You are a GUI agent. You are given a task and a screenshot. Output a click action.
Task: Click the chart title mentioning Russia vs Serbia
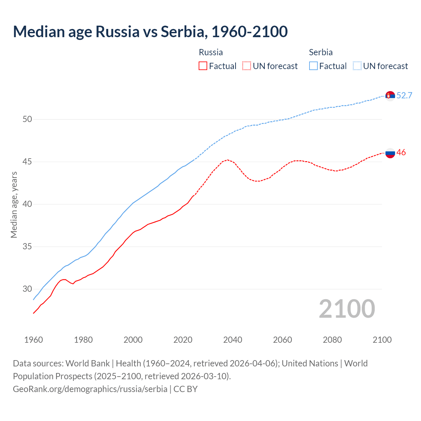pos(150,32)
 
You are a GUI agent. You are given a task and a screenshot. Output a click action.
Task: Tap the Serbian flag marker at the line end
pos(390,96)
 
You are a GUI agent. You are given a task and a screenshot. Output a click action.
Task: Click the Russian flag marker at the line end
pos(390,153)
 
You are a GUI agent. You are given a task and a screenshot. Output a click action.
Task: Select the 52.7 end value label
pos(404,96)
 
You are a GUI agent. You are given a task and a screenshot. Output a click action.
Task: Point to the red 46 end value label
pos(401,153)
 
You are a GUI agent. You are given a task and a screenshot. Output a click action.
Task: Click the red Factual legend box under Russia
pos(203,66)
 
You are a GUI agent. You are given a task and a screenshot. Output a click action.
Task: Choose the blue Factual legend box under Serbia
pos(313,66)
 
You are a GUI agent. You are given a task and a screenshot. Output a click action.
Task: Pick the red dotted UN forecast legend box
pos(247,66)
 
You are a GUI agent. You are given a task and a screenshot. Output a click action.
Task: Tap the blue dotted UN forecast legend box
pos(357,66)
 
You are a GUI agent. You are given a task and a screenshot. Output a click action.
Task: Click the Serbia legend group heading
pos(321,52)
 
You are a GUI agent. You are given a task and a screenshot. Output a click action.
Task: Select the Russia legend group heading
pos(211,52)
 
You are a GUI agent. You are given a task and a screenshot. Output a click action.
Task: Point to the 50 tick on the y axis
pos(27,119)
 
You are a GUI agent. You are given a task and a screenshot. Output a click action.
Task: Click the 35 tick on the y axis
pos(27,247)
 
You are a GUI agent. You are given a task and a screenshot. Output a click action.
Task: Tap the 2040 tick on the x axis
pos(233,340)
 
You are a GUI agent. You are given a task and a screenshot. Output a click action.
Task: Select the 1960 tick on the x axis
pos(34,340)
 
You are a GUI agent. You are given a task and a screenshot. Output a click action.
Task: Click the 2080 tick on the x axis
pos(332,340)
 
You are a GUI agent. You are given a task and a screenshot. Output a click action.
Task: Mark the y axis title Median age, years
pos(14,204)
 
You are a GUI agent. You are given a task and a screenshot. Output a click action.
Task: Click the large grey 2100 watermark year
pos(347,309)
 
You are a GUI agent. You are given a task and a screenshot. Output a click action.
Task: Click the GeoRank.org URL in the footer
pos(90,389)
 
